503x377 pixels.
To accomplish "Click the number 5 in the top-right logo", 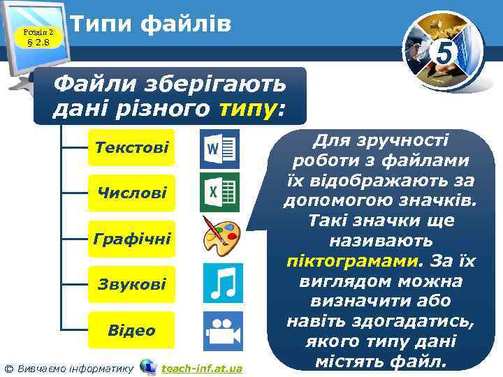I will (x=442, y=51).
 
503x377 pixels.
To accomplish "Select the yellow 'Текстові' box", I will (x=131, y=148).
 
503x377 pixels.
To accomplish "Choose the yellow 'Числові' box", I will (x=131, y=193).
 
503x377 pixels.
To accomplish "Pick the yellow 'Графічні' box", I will (x=131, y=239).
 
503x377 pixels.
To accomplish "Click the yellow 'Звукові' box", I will (x=131, y=284).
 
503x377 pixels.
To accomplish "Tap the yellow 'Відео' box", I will (x=131, y=330).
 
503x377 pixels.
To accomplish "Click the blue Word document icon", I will (x=219, y=148).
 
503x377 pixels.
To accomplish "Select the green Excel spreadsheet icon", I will (x=219, y=192).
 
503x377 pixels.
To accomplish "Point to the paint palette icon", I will (x=221, y=236).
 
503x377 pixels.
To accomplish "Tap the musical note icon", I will (x=223, y=283).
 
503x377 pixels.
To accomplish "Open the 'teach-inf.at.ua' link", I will (x=201, y=368).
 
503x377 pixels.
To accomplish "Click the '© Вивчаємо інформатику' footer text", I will (x=68, y=368).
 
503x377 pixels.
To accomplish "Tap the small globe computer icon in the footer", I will (x=147, y=367).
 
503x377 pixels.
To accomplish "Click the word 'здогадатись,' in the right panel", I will (x=407, y=323).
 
